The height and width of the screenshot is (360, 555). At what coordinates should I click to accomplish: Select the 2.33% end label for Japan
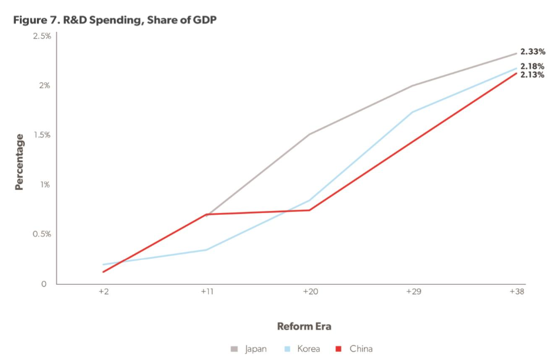coord(532,52)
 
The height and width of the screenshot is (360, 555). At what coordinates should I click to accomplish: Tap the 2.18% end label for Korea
coord(532,66)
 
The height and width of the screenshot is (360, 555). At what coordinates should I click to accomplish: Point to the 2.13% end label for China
coord(532,75)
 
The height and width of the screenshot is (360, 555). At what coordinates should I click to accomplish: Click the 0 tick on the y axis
coord(44,284)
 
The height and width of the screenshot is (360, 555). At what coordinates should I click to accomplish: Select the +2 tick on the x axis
coord(103,292)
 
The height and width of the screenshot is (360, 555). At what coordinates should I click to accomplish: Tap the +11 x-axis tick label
coord(206,292)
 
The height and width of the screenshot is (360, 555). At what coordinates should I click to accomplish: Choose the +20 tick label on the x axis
coord(310,292)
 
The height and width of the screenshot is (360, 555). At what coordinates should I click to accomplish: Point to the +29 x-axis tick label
coord(413,292)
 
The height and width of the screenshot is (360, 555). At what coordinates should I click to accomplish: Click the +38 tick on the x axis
coord(516,292)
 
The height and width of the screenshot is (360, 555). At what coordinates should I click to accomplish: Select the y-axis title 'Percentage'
coord(20,162)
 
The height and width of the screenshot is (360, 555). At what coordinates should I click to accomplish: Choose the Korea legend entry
coord(302,349)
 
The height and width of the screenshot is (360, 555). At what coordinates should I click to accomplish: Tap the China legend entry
coord(355,349)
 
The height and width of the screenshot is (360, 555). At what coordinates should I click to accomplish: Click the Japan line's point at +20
coord(310,134)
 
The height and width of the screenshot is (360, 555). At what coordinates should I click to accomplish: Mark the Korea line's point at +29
coord(413,112)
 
